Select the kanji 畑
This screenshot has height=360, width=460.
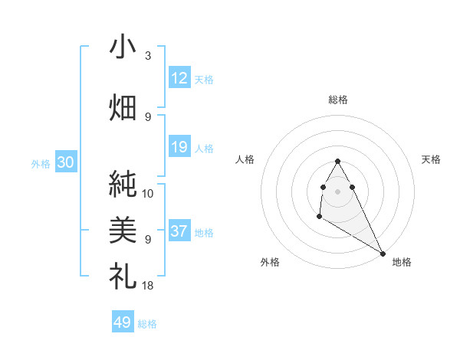coord(123,106)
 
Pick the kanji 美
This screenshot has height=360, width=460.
coord(123,228)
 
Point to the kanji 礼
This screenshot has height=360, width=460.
coord(123,275)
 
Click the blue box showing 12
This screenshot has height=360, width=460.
coord(179,78)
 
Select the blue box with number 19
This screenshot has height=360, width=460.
coord(179,147)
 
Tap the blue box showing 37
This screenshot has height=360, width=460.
coord(179,231)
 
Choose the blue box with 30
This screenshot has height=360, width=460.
coord(65,162)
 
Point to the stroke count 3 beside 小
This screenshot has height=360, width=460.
coord(147,56)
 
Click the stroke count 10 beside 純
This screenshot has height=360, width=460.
coord(148,194)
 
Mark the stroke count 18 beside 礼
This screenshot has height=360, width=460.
coord(148,286)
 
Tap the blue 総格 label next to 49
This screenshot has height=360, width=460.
coord(147,324)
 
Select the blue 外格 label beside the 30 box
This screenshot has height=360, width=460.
coord(41,163)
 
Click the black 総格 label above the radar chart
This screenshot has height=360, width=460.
coord(338,100)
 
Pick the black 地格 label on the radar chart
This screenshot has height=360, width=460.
coord(402,262)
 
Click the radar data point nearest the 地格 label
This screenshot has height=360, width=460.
coord(383,253)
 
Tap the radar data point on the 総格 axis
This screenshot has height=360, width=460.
coord(338,161)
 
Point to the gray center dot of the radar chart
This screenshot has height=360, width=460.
coord(338,190)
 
